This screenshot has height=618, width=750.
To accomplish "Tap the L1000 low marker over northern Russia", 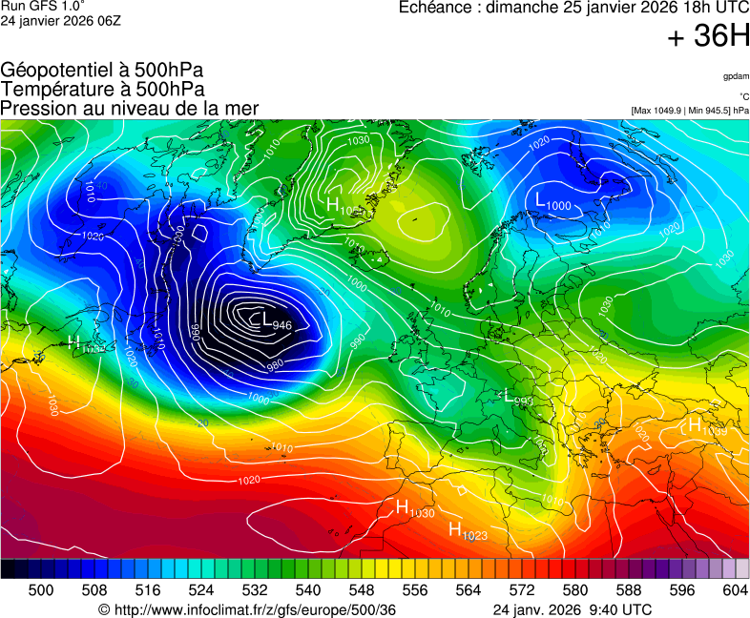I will coord(552,202).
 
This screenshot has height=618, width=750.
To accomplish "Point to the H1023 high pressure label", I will coord(468,531).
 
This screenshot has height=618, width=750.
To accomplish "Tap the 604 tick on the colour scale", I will coord(735,590).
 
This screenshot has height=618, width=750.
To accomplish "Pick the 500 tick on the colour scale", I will coord(40,590).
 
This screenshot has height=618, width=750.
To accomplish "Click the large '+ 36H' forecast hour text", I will coord(708,36).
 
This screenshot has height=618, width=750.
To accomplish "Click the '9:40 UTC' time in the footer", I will coord(621,609).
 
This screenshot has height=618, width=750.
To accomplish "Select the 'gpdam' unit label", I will coord(735,75).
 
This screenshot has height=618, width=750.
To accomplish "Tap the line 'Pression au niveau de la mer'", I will coord(130,108).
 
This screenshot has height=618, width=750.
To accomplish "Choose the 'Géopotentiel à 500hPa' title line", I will coord(102,71).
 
